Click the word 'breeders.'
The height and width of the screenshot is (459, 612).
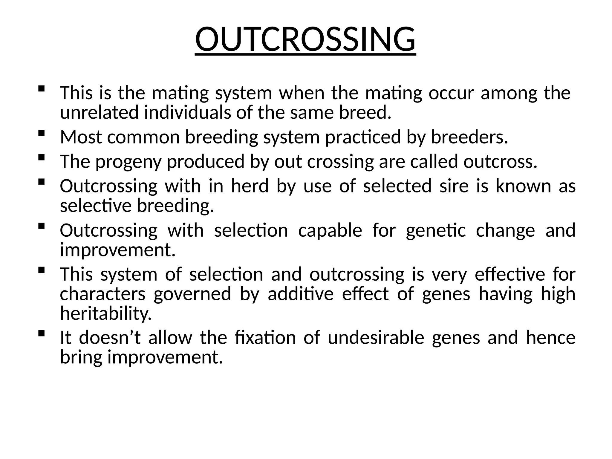point(469,137)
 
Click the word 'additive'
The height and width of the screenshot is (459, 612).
point(300,294)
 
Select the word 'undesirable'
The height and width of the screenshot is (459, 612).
point(376,338)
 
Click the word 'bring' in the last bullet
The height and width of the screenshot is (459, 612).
point(81,357)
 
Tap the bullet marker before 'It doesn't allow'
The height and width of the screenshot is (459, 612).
point(42,333)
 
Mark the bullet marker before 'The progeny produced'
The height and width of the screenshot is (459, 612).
point(42,157)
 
